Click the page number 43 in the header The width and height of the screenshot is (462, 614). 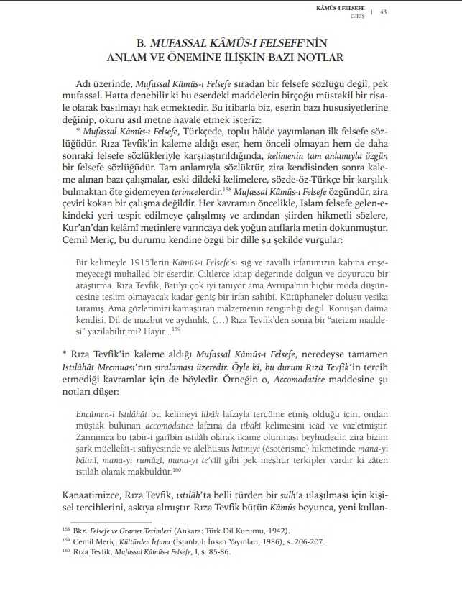[x=384, y=11]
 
